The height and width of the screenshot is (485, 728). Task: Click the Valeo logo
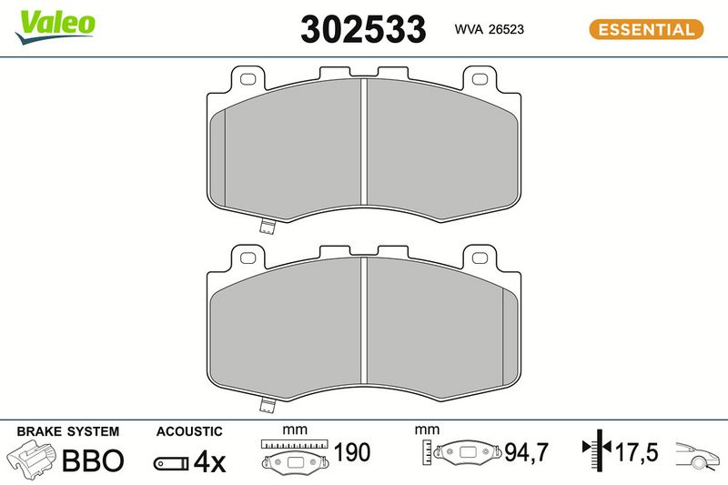(x=55, y=27)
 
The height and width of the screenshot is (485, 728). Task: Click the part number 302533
(x=363, y=29)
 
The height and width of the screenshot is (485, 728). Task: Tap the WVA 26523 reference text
(x=490, y=29)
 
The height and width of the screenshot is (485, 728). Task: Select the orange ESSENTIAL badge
(x=646, y=29)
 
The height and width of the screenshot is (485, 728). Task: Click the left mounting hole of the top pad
(x=248, y=79)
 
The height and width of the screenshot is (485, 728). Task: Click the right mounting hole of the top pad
(x=480, y=79)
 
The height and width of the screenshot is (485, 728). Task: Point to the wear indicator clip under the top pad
(x=267, y=226)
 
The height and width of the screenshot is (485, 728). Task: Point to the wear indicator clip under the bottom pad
(x=267, y=405)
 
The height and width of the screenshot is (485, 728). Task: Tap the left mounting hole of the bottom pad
(x=248, y=258)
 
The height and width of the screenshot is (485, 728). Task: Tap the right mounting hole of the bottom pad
(x=480, y=258)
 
